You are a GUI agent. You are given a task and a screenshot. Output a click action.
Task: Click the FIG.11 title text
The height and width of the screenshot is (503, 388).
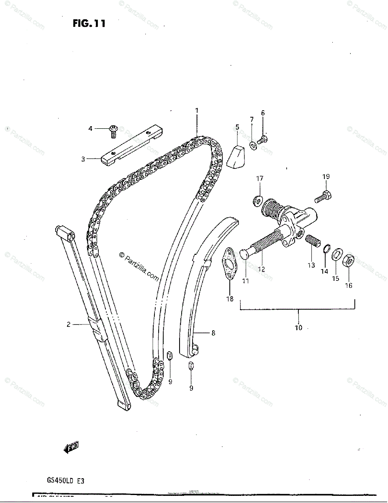(x=89, y=24)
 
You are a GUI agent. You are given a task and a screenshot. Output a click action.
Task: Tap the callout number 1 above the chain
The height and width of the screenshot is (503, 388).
(x=196, y=111)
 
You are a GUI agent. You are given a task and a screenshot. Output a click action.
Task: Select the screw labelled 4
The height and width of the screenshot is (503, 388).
(x=113, y=130)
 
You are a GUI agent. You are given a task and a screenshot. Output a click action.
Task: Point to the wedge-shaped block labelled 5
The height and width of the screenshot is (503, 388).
(x=237, y=156)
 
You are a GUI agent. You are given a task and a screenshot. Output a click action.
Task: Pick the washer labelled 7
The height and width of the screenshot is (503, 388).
(x=253, y=145)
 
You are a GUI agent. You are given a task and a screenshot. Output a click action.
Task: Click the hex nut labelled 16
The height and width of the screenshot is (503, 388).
(x=349, y=262)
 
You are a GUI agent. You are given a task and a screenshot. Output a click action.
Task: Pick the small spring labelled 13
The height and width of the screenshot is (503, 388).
(x=312, y=242)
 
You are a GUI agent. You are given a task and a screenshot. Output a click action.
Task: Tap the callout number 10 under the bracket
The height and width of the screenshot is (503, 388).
(x=298, y=327)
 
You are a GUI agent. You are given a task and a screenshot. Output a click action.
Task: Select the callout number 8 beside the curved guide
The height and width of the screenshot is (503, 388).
(x=213, y=333)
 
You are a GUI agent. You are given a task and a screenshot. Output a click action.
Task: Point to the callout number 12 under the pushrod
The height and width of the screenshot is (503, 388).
(x=261, y=270)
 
